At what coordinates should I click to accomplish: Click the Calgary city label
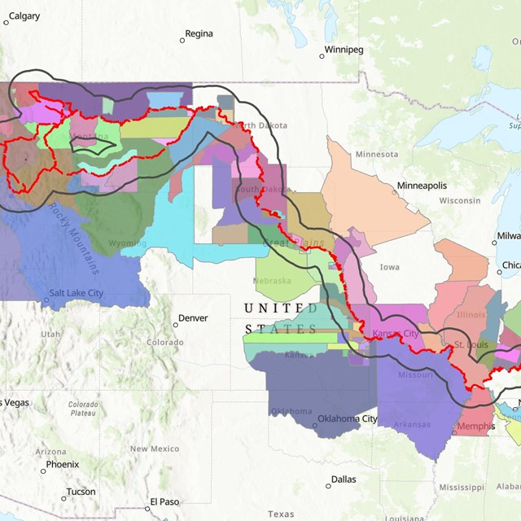pos(24,16)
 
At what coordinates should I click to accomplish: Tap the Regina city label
pos(199,34)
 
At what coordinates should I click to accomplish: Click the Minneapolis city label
pos(422,186)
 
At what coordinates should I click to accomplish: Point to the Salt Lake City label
pos(76,293)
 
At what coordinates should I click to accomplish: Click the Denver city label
pos(193,318)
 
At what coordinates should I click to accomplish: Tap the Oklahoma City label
pos(348,419)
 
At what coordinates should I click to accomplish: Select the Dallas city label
pos(344,479)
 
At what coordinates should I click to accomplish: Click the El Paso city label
pos(164,502)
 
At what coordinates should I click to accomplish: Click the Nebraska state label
pos(273,281)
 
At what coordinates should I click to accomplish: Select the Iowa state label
pos(389,267)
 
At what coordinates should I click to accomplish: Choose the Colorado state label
pos(165,343)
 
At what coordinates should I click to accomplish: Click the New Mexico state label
pos(154,449)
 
